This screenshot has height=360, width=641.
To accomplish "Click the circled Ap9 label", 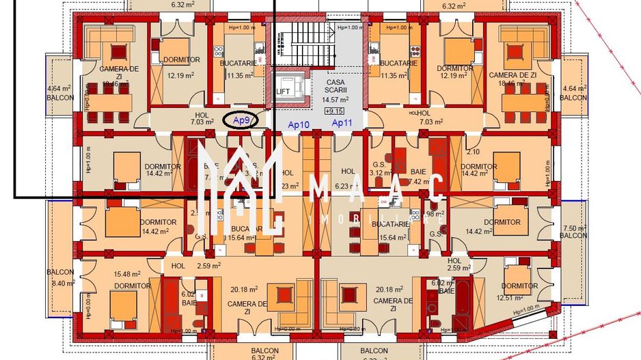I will tap(240, 120).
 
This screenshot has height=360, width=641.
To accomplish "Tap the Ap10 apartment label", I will tap(299, 124).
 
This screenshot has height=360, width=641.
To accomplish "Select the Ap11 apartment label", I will tap(342, 123).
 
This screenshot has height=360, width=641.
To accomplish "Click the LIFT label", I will tap(283, 91).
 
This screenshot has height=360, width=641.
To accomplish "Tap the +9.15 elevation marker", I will tap(335, 111).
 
